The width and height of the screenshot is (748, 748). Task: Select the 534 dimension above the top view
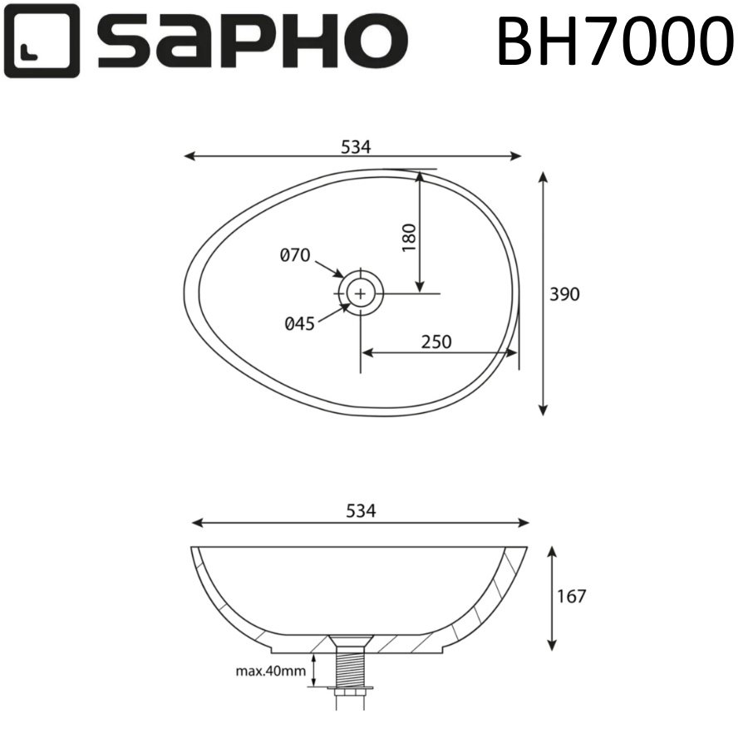[355, 146]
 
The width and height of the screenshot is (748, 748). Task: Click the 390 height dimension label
[564, 294]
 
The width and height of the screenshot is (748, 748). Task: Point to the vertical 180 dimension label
[408, 239]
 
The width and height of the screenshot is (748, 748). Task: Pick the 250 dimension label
[436, 342]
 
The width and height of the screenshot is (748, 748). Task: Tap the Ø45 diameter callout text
[300, 324]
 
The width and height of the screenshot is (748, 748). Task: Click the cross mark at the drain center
[360, 293]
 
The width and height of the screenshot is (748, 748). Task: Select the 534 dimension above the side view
[361, 512]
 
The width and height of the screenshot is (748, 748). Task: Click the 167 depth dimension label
[573, 596]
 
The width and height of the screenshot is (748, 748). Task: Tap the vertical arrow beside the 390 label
[543, 293]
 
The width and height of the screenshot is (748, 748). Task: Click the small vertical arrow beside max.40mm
[312, 670]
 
